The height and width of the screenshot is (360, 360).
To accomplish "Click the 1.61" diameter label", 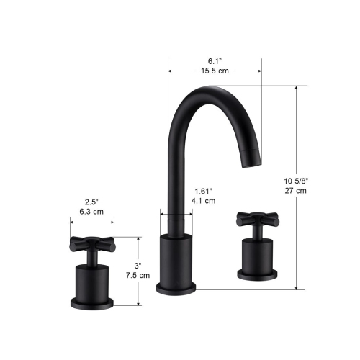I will tap(204, 191).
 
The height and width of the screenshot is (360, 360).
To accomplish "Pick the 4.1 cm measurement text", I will tap(204, 202).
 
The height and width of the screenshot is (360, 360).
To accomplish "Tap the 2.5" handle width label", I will tap(91, 202).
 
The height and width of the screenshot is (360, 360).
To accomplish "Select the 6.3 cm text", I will tap(91, 212).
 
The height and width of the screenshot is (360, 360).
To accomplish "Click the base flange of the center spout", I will tap(176, 288).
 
